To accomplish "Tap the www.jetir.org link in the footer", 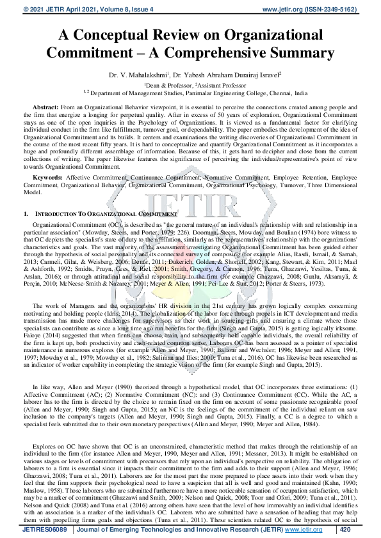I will (x=303, y=530).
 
